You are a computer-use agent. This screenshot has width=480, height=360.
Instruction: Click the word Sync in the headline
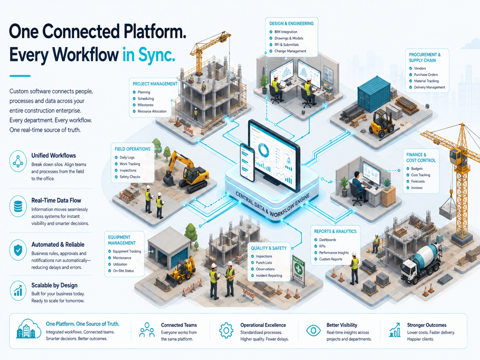pyautogui.click(x=156, y=55)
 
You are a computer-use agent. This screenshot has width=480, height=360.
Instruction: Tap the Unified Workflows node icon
pyautogui.click(x=18, y=161)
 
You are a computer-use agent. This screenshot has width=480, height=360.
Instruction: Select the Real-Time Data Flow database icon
pyautogui.click(x=18, y=206)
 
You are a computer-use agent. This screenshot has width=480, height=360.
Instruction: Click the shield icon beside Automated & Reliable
pyautogui.click(x=18, y=250)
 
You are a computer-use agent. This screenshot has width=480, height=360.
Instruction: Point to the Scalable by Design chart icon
pyautogui.click(x=18, y=290)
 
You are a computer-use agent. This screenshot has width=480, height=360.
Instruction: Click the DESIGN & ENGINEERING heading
pyautogui.click(x=291, y=23)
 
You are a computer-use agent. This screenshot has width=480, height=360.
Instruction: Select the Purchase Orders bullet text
pyautogui.click(x=426, y=74)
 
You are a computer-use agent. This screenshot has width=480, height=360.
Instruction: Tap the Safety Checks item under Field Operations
pyautogui.click(x=130, y=176)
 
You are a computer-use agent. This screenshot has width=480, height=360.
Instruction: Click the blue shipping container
pyautogui.click(x=374, y=94)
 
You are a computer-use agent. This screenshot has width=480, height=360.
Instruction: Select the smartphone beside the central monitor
pyautogui.click(x=247, y=162)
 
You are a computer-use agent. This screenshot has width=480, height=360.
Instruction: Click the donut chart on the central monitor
pyautogui.click(x=263, y=150)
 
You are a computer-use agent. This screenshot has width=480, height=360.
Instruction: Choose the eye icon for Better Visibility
pyautogui.click(x=313, y=330)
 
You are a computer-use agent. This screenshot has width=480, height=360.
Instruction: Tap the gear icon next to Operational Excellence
pyautogui.click(x=226, y=330)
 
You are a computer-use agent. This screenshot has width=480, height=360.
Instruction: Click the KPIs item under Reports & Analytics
pyautogui.click(x=322, y=246)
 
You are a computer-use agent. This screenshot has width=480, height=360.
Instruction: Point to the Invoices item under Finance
pyautogui.click(x=416, y=187)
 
